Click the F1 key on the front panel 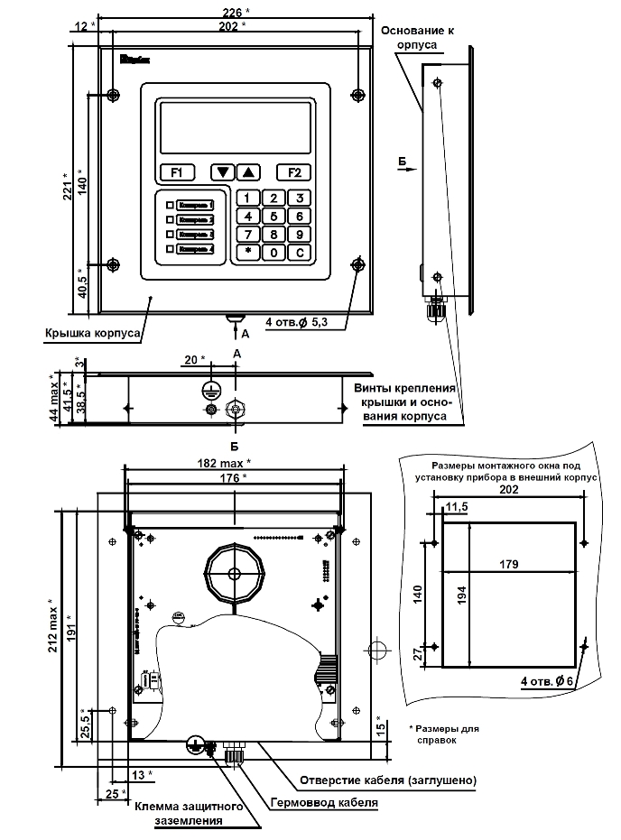point(177,171)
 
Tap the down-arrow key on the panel point(222,171)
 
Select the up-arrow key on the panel point(250,171)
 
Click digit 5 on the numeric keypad point(274,217)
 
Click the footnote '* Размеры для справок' point(442,733)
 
